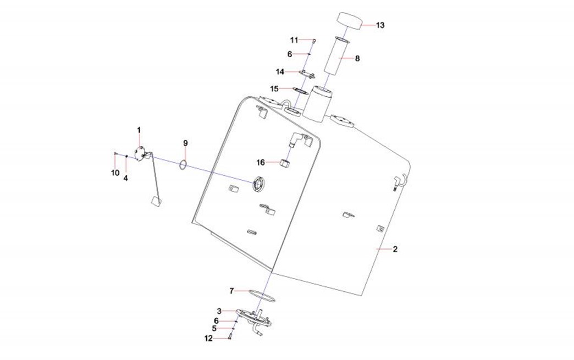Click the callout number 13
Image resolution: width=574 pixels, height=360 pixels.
coord(380,25)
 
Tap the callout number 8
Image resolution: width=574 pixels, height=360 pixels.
coord(357,58)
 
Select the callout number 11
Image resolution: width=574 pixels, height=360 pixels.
coord(294,40)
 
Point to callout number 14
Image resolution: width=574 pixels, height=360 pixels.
coord(280,71)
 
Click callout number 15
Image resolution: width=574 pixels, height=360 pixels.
coord(274,88)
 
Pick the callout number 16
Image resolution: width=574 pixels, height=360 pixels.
coord(261,162)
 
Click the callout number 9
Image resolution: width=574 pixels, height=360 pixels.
coord(186,143)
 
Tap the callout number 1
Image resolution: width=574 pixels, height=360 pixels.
coord(139,130)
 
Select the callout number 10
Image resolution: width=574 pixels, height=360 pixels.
coord(115,173)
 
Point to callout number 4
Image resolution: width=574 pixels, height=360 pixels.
coord(126,178)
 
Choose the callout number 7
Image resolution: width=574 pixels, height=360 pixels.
coord(232,290)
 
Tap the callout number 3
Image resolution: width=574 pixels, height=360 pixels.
coord(219,311)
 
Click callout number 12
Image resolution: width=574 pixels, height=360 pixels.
coord(208,339)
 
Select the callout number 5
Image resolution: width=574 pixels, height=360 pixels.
coord(214,329)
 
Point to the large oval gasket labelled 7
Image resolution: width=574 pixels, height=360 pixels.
coord(262,296)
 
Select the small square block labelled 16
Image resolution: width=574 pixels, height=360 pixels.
coord(285,163)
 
